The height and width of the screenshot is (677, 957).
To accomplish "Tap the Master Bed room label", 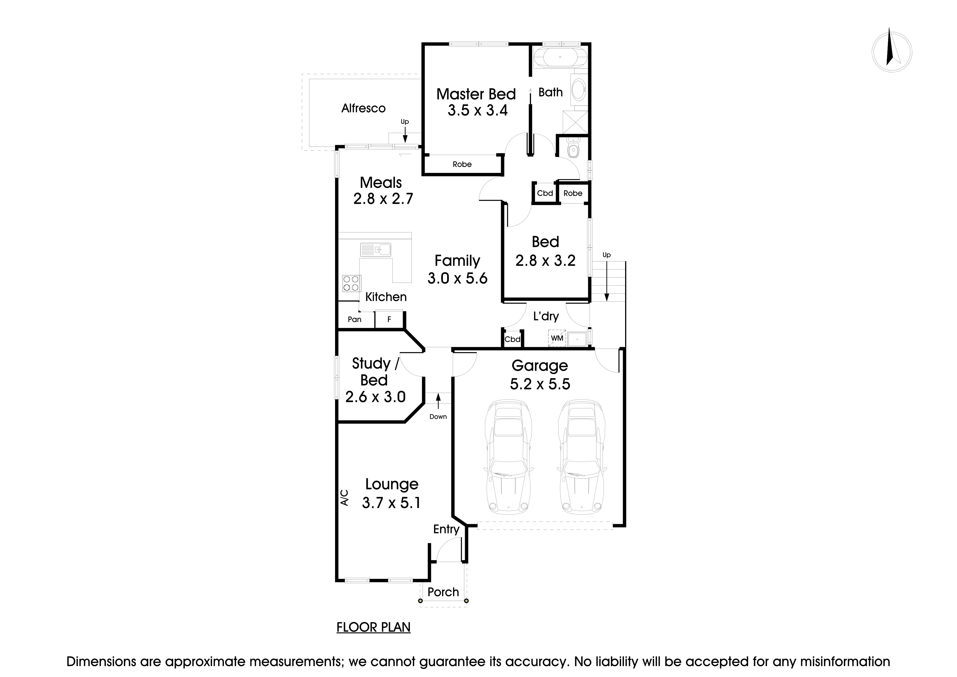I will pos(476,94).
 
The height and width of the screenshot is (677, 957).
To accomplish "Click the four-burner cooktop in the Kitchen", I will pos(351,283).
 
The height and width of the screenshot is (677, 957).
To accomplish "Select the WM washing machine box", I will pos(557,338).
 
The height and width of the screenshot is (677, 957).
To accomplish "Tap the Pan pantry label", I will pos(355,319).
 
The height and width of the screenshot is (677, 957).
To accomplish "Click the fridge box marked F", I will pos(389,319).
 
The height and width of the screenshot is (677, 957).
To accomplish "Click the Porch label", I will pos(443,592).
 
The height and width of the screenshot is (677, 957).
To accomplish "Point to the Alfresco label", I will pos(363,108).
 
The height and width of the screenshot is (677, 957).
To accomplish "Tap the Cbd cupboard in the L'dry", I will pos(512,339).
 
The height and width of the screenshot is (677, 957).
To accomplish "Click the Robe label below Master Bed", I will pos(462,164).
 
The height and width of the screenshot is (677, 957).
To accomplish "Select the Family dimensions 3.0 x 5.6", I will pos(457,278).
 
